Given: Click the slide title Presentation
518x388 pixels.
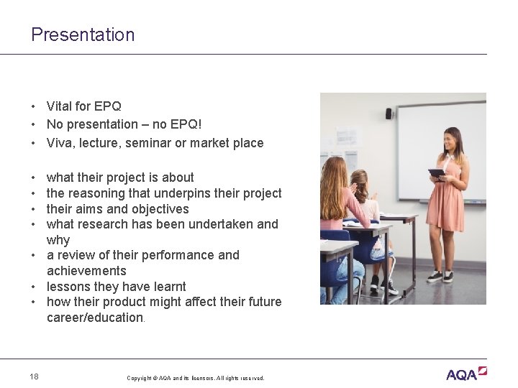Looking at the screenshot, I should click(x=83, y=34).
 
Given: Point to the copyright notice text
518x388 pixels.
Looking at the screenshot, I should click(x=195, y=378).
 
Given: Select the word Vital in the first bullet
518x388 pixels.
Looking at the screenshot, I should click(x=60, y=106).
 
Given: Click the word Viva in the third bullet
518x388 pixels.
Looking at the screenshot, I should click(x=60, y=143).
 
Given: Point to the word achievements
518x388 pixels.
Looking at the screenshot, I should click(x=86, y=271).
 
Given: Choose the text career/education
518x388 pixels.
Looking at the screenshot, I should click(x=94, y=318).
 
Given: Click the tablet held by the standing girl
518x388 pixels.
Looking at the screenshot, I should click(x=437, y=173).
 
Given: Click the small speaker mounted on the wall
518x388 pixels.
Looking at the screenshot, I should click(x=389, y=114).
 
